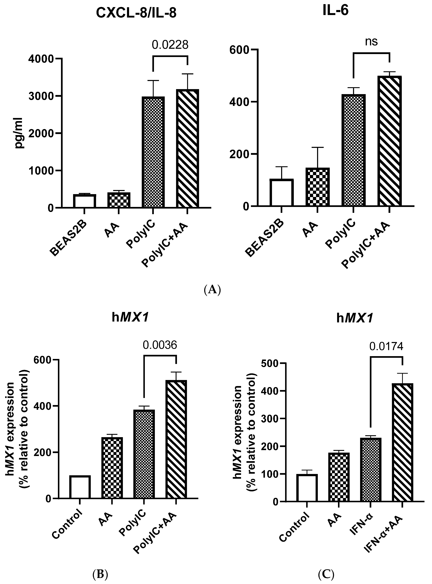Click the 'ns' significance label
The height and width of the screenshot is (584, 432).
[371, 41]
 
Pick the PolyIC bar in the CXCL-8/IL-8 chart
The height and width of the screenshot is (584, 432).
[153, 152]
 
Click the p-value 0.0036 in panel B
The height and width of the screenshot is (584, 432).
[160, 345]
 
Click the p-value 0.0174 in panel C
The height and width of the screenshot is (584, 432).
[386, 346]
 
